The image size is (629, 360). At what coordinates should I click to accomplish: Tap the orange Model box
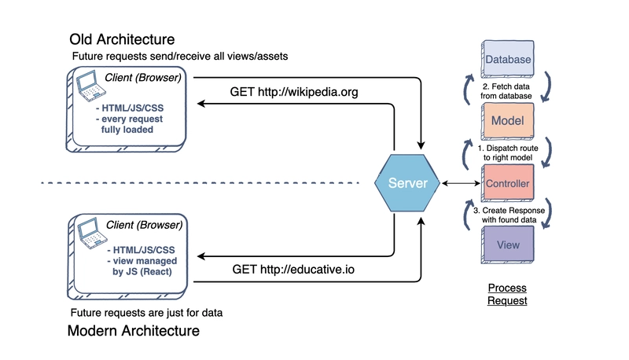coord(507,122)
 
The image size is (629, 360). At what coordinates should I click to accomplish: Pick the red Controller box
coord(507,184)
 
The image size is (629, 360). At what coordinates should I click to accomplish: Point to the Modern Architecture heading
coord(134,331)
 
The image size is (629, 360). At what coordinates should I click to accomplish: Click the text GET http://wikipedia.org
coord(294,92)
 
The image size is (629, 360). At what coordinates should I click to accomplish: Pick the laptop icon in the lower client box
coord(88,230)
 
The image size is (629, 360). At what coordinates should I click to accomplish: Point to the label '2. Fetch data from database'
coord(507,90)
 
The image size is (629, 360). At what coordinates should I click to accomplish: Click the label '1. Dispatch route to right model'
coord(507,152)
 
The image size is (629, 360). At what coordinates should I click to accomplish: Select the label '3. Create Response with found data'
coord(507,215)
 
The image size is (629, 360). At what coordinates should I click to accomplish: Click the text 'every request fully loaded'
coord(137,123)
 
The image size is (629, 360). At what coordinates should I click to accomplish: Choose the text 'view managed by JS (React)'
coord(138,266)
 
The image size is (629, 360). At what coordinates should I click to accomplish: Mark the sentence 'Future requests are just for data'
coord(147,312)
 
